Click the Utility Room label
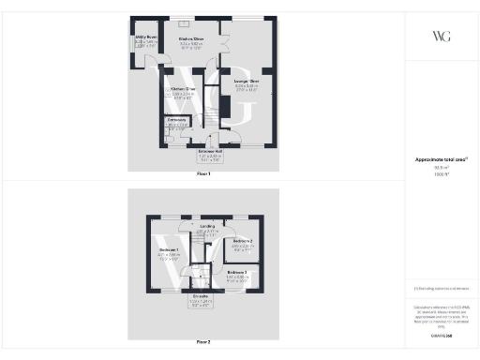pyautogui.click(x=145, y=38)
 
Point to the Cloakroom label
pyautogui.click(x=176, y=121)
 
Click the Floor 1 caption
pyautogui.click(x=202, y=174)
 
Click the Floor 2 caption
pyautogui.click(x=202, y=343)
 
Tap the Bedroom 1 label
pyautogui.click(x=169, y=250)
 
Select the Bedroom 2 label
pyautogui.click(x=242, y=242)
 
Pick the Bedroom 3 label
pyautogui.click(x=236, y=273)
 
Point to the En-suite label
pyautogui.click(x=202, y=299)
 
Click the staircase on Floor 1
pyautogui.click(x=212, y=108)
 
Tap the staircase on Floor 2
pyautogui.click(x=199, y=251)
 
